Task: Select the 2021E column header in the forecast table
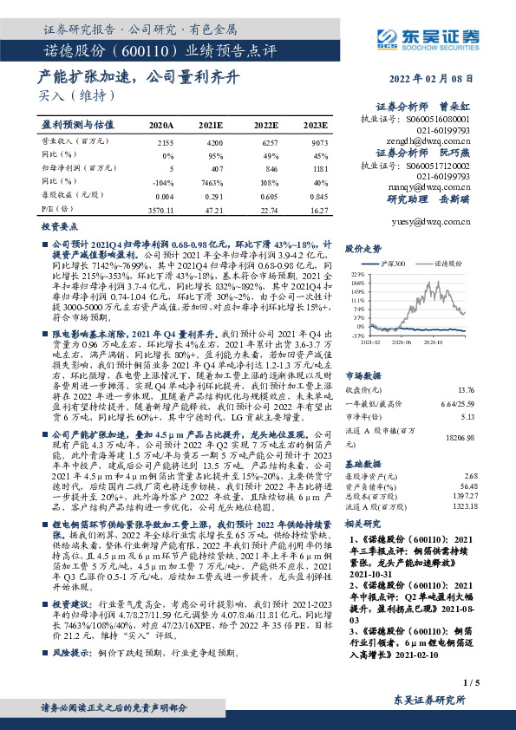(x=211, y=126)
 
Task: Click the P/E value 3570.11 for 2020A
(x=162, y=209)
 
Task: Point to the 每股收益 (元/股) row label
(x=63, y=196)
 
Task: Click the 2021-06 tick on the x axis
(x=400, y=341)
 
